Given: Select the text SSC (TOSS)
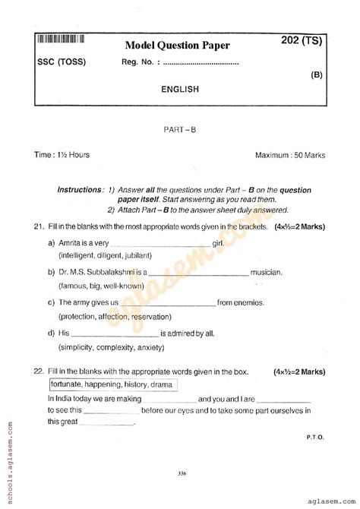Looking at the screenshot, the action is coord(61,62).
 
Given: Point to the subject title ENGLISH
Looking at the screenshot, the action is coord(180,89).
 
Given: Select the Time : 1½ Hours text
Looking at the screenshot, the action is coord(62,155).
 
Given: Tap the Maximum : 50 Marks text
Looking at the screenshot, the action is coord(290,155).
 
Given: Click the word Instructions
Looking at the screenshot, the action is coord(81,189).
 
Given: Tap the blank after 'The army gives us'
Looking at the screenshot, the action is coord(179,302).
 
